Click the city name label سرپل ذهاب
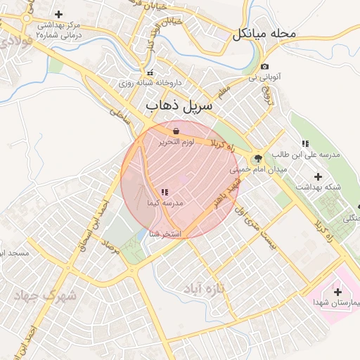pyautogui.click(x=178, y=106)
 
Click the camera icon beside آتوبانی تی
pyautogui.click(x=264, y=66)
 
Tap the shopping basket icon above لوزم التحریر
pyautogui.click(x=175, y=131)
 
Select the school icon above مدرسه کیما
pyautogui.click(x=164, y=192)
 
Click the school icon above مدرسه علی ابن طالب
pyautogui.click(x=304, y=143)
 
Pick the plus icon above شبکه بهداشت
pyautogui.click(x=318, y=176)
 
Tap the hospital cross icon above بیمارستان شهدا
pyautogui.click(x=337, y=292)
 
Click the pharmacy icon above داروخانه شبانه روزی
pyautogui.click(x=149, y=72)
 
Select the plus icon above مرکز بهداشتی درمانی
pyautogui.click(x=58, y=14)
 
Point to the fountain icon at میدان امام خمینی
pyautogui.click(x=257, y=158)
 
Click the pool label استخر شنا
pyautogui.click(x=166, y=233)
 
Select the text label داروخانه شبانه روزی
pyautogui.click(x=150, y=83)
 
